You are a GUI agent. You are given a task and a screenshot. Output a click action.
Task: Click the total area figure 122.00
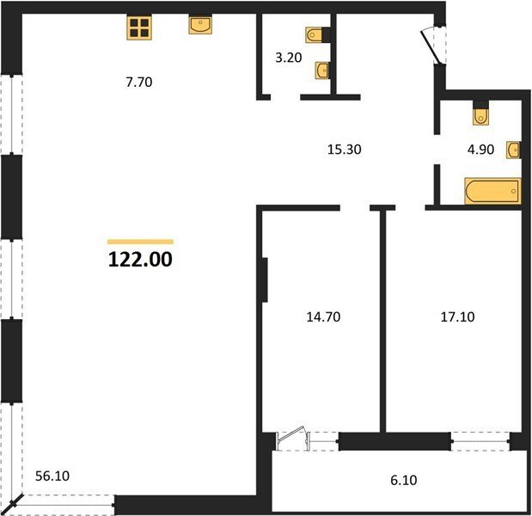coord(140,260)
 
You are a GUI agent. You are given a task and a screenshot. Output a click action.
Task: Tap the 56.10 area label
coord(52,476)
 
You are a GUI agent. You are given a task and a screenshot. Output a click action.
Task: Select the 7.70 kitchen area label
coord(139,83)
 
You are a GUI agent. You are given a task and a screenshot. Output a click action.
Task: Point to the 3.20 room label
coord(289,58)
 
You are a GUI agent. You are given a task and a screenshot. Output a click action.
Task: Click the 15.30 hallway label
coord(344,150)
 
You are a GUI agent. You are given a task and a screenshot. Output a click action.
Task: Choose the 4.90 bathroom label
coord(480,150)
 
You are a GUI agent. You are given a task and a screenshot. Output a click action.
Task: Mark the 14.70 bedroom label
coord(323,316)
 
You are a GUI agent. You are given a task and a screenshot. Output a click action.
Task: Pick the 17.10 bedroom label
coord(457,316)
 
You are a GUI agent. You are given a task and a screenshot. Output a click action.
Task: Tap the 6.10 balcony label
coord(404,480)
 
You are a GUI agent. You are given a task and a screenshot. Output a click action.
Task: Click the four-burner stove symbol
coord(139,28)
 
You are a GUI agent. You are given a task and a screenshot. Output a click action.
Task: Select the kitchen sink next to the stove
coord(200,24)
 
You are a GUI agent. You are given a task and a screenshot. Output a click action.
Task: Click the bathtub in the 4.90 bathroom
coord(492,191)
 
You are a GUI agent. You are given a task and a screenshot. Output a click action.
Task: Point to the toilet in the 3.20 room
coord(315,35)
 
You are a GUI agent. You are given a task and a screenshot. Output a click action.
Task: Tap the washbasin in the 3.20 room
coord(322,71)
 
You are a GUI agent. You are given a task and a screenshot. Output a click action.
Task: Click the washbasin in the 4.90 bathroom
coord(513,150)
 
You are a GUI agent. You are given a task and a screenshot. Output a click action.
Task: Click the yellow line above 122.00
coord(140,242)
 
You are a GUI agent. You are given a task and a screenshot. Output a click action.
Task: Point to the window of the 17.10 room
coord(480,441)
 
